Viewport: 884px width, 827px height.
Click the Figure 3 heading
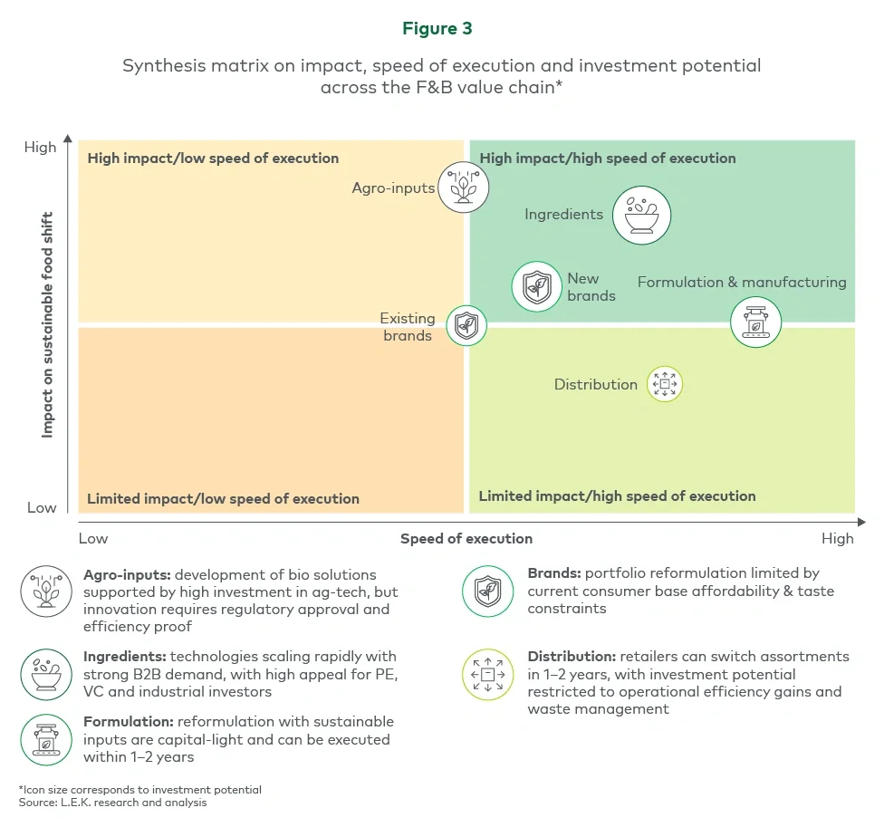tap(437, 29)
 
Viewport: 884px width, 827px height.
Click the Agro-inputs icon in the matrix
tap(463, 188)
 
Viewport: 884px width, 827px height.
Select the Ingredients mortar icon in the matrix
tap(641, 216)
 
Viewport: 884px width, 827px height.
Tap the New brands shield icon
tap(537, 287)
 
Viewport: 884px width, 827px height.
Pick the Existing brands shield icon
tap(466, 326)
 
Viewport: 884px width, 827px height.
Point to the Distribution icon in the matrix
tap(664, 384)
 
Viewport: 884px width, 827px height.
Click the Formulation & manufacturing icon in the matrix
tap(755, 323)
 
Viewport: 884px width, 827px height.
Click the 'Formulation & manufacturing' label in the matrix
tap(742, 283)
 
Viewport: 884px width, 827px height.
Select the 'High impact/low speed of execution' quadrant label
tap(213, 159)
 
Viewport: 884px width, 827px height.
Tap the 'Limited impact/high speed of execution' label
tap(617, 496)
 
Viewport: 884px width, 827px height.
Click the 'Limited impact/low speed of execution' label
tap(223, 499)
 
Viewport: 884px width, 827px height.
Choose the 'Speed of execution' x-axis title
tap(466, 539)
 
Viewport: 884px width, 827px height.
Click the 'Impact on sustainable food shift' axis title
tap(47, 325)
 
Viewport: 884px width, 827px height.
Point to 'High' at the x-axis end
tap(837, 539)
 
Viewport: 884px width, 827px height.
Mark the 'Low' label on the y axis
tap(42, 507)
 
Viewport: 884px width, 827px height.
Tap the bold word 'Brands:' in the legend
tap(554, 574)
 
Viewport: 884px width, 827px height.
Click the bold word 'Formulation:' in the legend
tap(128, 722)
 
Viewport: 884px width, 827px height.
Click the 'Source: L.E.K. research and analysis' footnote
tap(113, 803)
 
